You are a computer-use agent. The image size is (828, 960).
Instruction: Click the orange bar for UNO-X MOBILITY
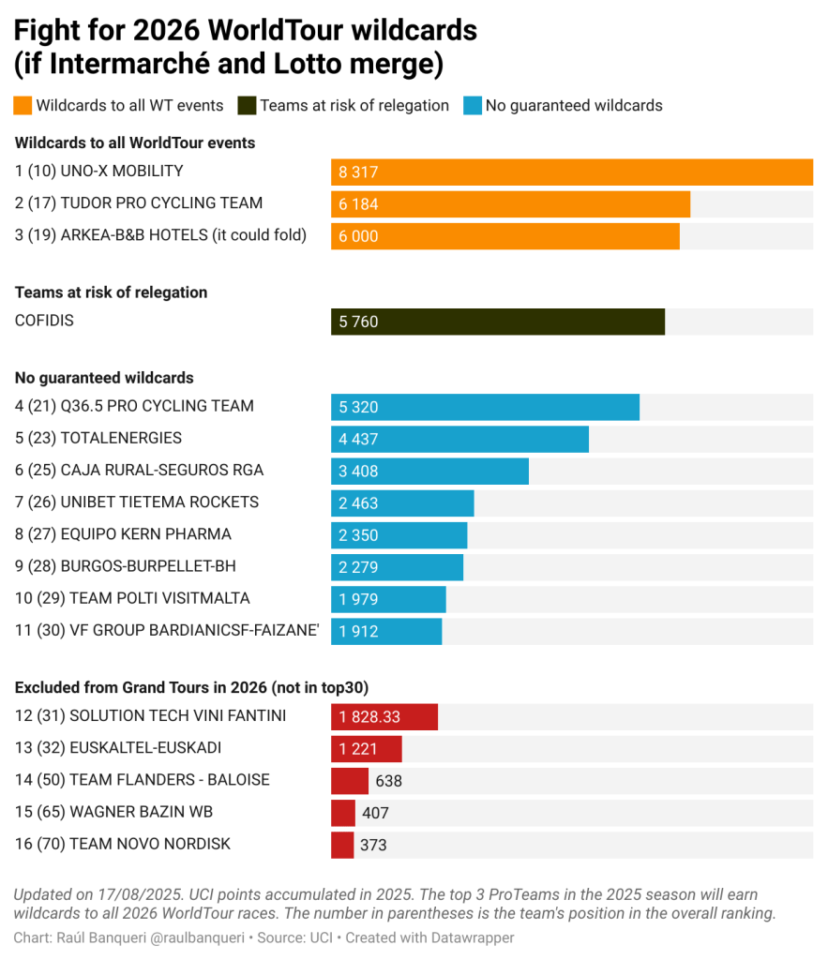(571, 172)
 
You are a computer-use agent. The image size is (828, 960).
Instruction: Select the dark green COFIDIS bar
(497, 322)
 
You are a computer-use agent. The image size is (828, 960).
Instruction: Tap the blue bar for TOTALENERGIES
(459, 439)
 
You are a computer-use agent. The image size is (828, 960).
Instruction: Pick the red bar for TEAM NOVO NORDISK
(342, 845)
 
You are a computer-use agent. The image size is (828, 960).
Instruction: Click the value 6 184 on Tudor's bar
(359, 204)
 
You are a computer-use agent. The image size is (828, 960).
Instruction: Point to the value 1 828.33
(369, 717)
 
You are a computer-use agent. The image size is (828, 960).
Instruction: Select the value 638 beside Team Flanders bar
(388, 781)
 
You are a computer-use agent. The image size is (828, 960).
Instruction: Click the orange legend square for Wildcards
(23, 105)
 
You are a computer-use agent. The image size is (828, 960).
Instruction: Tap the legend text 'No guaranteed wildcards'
(574, 105)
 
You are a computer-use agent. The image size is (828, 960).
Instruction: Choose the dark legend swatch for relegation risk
(247, 105)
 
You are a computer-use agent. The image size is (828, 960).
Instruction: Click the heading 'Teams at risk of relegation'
(112, 292)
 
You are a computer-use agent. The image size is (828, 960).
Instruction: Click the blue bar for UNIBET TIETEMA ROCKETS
(402, 503)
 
